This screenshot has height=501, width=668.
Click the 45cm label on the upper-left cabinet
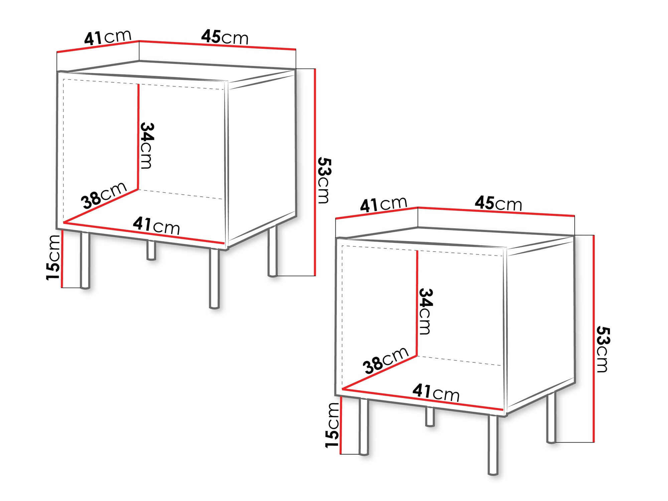click(x=225, y=37)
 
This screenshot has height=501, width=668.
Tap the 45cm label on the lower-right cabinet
click(x=498, y=203)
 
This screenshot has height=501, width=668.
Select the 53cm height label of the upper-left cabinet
click(x=324, y=180)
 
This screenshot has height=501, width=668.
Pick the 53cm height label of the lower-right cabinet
click(x=603, y=349)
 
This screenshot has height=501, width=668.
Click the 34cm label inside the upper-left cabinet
click(x=147, y=146)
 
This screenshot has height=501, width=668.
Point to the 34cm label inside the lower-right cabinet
click(x=426, y=311)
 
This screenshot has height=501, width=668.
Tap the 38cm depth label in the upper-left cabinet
click(x=104, y=195)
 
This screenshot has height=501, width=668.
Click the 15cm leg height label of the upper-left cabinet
click(x=53, y=257)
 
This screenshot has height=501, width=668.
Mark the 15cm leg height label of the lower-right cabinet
click(x=333, y=425)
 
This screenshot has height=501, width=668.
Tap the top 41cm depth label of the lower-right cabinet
click(x=383, y=204)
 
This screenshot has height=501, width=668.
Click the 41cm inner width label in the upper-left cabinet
click(x=156, y=225)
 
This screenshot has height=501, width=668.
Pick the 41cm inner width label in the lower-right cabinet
click(x=436, y=392)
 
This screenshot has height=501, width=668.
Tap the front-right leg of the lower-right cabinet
click(x=493, y=444)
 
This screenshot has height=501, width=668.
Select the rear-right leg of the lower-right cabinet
click(x=551, y=417)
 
